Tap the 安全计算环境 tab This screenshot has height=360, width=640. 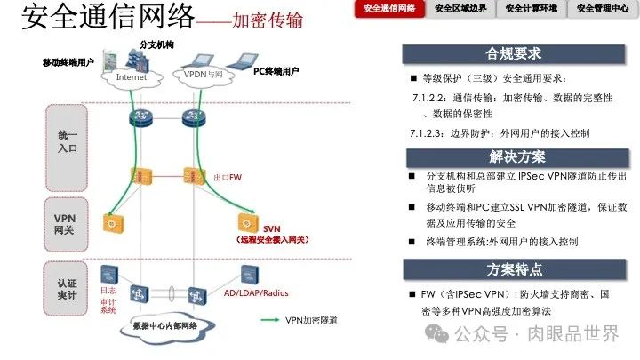532,10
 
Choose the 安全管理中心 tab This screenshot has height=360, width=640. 603,10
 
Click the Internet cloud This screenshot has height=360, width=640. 132,77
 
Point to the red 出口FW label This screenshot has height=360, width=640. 228,178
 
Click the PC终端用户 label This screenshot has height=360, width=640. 276,70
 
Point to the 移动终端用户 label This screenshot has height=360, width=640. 68,62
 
